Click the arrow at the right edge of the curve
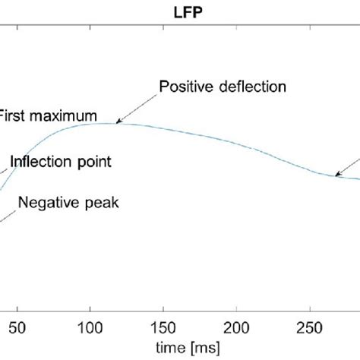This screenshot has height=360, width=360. click(342, 172)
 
